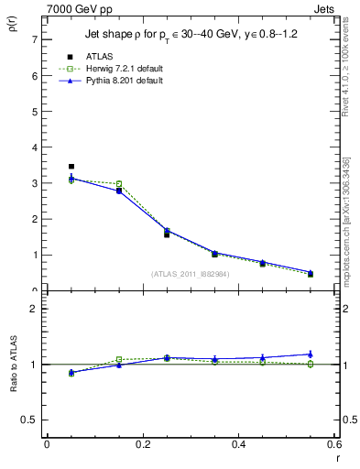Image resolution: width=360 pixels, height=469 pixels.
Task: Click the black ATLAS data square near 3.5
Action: (71, 167)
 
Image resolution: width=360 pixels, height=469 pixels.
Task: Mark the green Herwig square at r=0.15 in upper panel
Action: (119, 184)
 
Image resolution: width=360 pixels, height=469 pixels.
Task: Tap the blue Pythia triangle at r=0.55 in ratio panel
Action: (311, 354)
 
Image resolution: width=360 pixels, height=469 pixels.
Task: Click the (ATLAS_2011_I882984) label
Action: (190, 274)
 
